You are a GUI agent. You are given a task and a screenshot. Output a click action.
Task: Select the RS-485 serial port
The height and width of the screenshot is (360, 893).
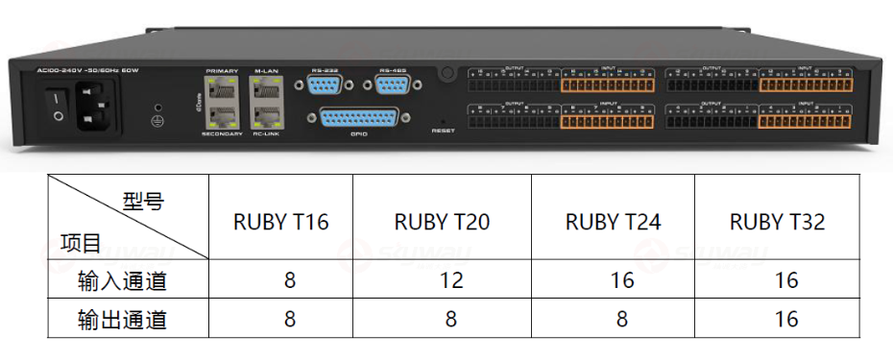[393, 87]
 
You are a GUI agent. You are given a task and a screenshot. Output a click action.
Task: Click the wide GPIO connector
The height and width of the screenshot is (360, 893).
[353, 119]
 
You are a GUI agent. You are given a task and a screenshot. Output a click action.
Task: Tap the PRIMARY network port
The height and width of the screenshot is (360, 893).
[222, 90]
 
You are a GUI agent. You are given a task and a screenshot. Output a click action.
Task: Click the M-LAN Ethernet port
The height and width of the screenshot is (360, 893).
[264, 90]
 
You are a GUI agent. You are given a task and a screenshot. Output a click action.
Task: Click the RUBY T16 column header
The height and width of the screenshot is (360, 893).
[280, 222]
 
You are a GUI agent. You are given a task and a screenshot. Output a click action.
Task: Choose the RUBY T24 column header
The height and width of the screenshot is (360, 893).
[613, 222]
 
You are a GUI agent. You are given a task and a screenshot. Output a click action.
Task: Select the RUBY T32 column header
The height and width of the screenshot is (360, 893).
[777, 222]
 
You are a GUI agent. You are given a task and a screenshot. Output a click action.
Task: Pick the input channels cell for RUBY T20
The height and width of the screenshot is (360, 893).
[450, 281]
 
